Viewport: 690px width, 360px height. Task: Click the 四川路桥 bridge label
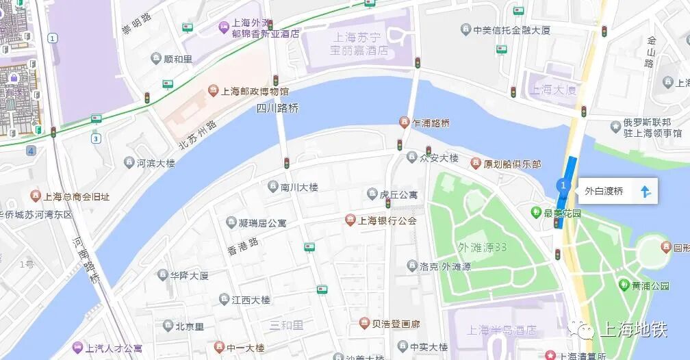(x=278, y=108)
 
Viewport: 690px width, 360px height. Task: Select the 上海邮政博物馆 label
(x=255, y=92)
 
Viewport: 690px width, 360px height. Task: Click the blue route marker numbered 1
(x=563, y=185)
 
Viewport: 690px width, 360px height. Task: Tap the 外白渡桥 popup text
(x=604, y=192)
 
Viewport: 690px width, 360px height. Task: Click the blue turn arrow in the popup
(x=644, y=192)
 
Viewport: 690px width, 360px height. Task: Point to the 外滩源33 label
(x=483, y=247)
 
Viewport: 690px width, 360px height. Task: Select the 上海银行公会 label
(x=387, y=220)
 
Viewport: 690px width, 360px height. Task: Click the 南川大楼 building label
(x=299, y=187)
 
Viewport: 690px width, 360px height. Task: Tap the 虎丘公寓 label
(x=398, y=194)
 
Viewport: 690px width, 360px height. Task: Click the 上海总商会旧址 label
(x=76, y=196)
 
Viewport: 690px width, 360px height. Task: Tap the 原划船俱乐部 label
(x=512, y=164)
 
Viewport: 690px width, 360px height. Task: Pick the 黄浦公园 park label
(x=650, y=285)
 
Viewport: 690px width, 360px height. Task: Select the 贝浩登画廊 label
(x=396, y=324)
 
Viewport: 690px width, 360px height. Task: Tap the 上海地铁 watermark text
(x=632, y=331)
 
